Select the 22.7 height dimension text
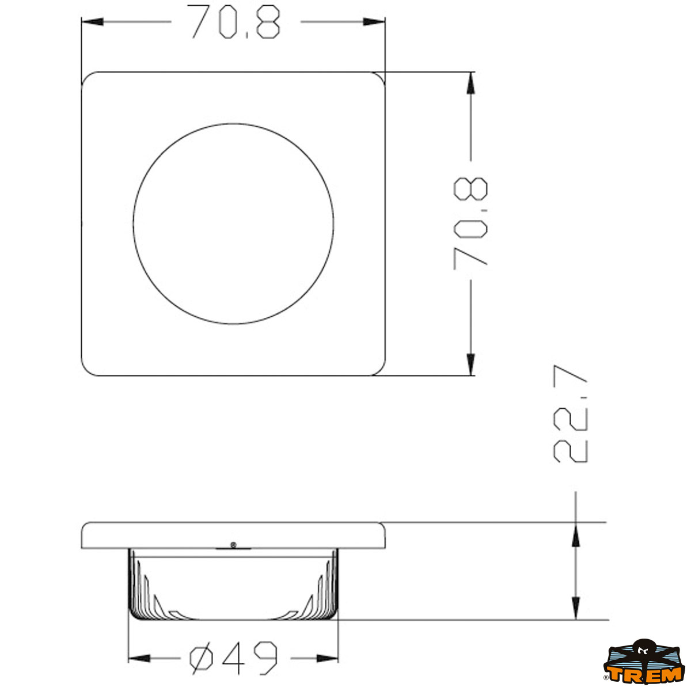coord(570,413)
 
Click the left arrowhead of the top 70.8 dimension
coord(92,22)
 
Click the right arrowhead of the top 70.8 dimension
coord(374,22)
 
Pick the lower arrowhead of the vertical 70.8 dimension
coord(471,365)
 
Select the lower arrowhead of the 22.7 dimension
coord(575,608)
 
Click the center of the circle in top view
coord(233,223)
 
